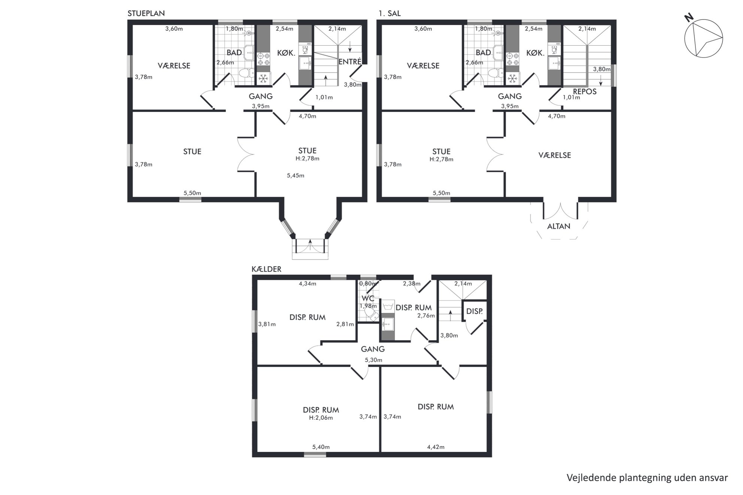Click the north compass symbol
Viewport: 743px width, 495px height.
[x=703, y=37]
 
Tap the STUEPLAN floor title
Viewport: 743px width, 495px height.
[x=146, y=13]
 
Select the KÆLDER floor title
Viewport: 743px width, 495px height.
[x=266, y=269]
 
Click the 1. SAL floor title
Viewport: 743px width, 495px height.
[x=389, y=13]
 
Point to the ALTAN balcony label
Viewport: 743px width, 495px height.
[x=559, y=226]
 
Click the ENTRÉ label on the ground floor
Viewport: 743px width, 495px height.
[x=350, y=62]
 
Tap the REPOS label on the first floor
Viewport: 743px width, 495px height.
[x=585, y=92]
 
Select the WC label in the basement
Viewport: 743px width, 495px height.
[x=368, y=299]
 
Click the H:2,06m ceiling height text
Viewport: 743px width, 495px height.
[x=321, y=418]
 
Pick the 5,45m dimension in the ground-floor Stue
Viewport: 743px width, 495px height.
[x=295, y=175]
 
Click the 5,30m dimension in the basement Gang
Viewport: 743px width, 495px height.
[x=373, y=360]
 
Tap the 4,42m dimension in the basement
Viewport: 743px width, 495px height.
[x=436, y=447]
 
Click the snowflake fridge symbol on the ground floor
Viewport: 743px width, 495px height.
[x=263, y=79]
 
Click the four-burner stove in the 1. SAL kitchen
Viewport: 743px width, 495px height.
[x=512, y=59]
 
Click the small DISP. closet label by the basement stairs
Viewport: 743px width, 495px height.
[x=474, y=311]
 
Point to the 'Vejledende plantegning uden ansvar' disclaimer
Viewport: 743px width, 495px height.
[x=647, y=478]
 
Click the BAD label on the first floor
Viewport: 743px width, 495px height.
[x=483, y=53]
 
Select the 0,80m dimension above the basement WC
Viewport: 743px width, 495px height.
[x=368, y=284]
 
